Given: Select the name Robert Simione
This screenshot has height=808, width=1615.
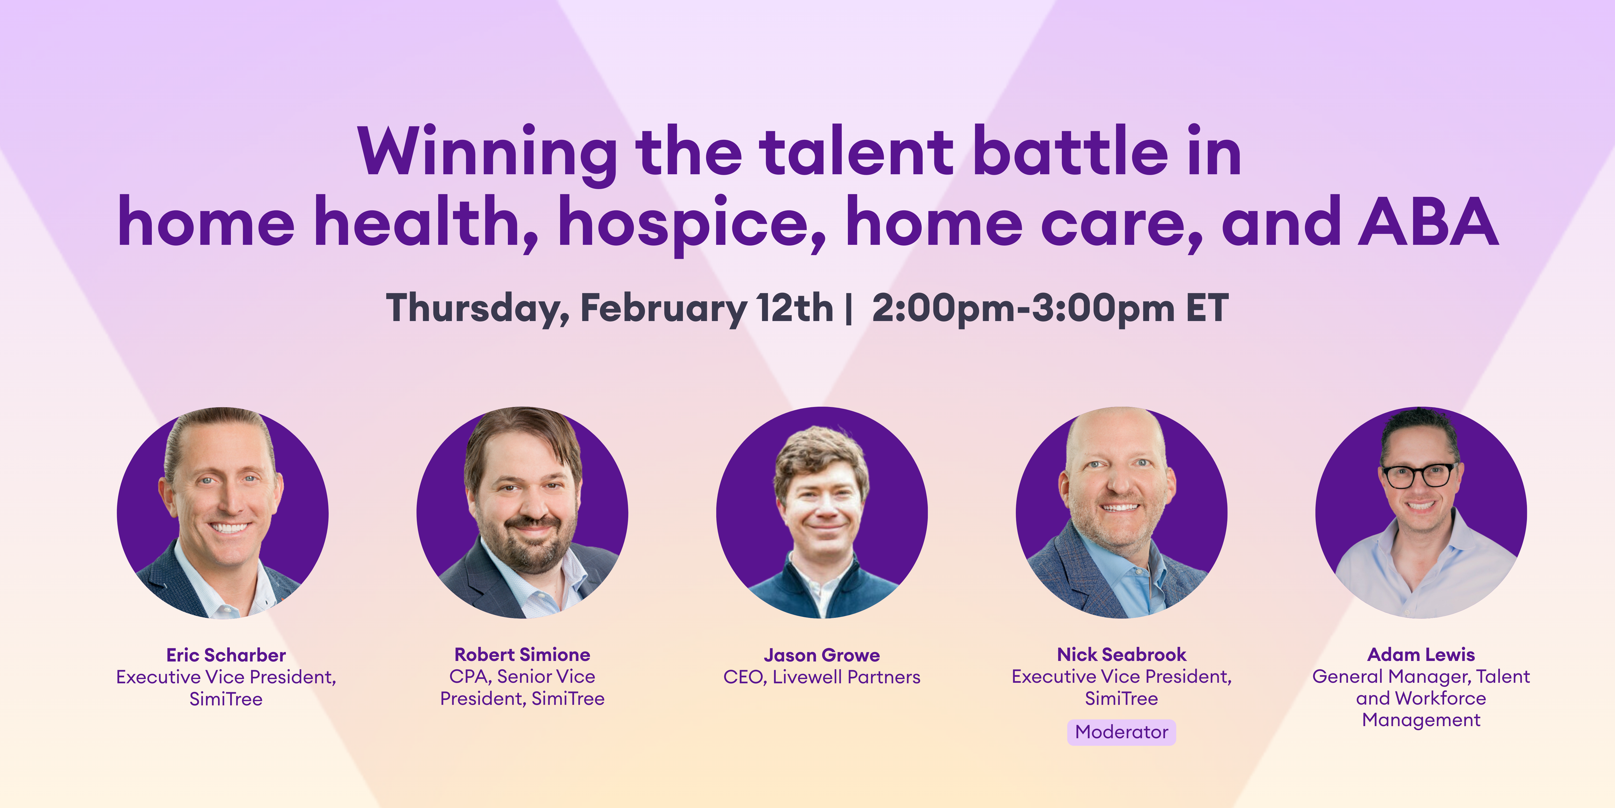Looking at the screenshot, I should (522, 654).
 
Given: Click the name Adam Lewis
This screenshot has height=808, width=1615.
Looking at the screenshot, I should (1421, 654).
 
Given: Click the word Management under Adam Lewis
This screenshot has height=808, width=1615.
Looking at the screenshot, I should (1421, 720).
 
